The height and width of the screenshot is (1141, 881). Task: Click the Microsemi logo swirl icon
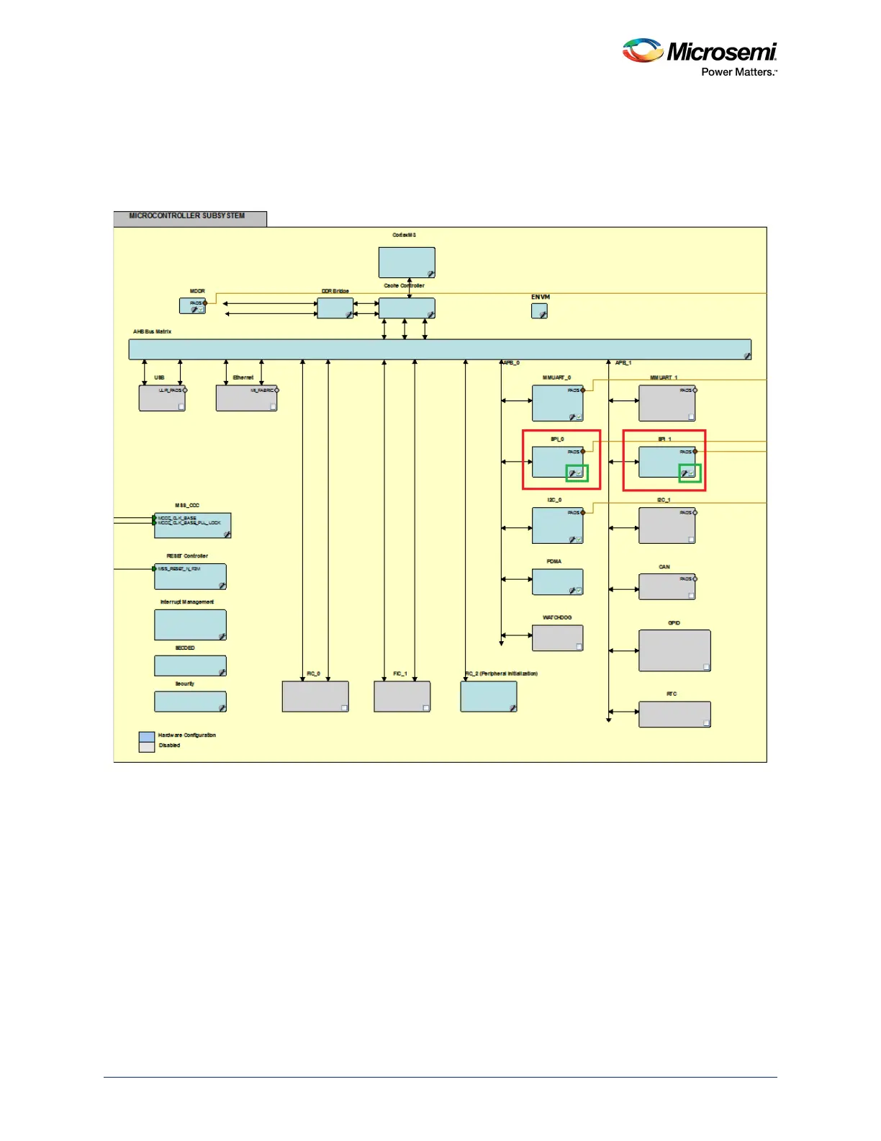(642, 50)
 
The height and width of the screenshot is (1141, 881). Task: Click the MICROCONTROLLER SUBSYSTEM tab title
(187, 216)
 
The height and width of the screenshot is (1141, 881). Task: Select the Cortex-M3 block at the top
(407, 262)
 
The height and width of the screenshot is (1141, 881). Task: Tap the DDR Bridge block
(335, 308)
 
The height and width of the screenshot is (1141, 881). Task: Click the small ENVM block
(539, 311)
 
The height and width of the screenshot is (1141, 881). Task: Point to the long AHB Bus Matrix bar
(439, 349)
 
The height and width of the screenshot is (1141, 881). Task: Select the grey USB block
(162, 398)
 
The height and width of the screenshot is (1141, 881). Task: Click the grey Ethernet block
(246, 398)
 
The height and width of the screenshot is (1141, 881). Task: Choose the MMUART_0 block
(557, 403)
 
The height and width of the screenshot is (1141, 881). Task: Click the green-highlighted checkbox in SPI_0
(579, 473)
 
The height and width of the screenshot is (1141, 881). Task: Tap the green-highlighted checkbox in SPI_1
(691, 473)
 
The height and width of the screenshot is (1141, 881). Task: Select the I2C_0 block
(557, 525)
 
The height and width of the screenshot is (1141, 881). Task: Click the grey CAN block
(667, 586)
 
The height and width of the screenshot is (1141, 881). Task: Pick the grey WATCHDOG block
(557, 637)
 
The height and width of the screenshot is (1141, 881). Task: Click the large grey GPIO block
(674, 650)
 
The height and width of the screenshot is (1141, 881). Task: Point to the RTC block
(674, 714)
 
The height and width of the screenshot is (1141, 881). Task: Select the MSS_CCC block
(192, 525)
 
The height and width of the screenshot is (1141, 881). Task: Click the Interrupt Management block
(190, 625)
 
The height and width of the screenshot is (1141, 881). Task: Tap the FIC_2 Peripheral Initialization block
(488, 697)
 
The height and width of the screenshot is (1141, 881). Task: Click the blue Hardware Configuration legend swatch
(147, 736)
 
